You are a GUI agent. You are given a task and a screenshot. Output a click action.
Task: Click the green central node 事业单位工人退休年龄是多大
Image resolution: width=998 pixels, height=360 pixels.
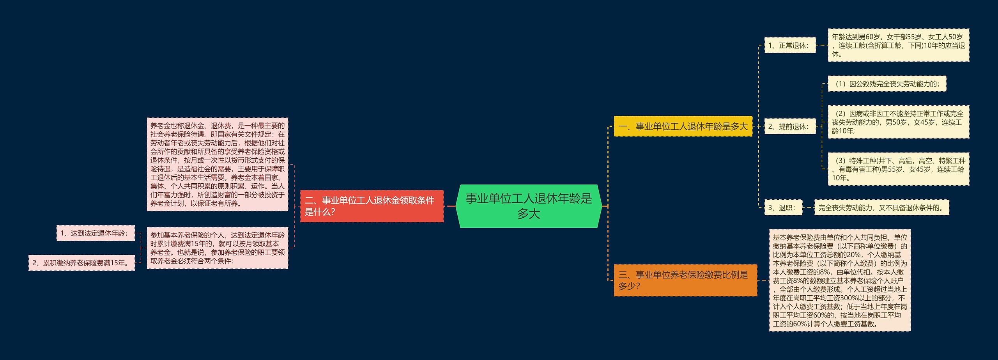(x=529, y=206)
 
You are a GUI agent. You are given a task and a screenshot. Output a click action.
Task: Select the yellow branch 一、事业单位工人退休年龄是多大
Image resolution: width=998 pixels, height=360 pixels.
(x=683, y=126)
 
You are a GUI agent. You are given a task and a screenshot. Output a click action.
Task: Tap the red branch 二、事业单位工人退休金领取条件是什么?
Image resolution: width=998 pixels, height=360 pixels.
(x=372, y=206)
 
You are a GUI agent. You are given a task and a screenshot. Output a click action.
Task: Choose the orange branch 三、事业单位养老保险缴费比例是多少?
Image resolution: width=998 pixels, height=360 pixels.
(x=685, y=280)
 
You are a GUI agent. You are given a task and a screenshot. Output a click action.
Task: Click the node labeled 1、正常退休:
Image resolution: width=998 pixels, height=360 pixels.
(x=790, y=45)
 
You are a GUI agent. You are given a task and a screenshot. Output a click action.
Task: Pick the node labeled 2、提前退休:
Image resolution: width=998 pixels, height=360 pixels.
(x=790, y=126)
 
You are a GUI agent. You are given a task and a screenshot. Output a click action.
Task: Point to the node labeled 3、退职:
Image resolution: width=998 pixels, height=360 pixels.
(x=783, y=207)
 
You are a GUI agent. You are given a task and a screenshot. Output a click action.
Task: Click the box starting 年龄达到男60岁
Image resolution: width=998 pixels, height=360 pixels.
(x=898, y=45)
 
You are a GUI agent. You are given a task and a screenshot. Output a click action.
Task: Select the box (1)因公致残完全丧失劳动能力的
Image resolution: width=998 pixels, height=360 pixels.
(x=887, y=84)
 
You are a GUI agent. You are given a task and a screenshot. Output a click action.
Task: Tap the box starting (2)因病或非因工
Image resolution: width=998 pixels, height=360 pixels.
(x=898, y=122)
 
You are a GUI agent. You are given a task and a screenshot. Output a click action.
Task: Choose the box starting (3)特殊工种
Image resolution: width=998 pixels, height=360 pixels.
(x=898, y=169)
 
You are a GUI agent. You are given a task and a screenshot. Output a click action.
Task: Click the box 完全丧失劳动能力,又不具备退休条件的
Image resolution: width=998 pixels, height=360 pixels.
(x=881, y=207)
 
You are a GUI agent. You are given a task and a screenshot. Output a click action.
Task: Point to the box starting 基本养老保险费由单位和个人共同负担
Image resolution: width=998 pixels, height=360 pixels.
(x=840, y=280)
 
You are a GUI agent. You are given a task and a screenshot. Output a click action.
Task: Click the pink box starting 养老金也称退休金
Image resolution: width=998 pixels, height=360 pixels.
(x=217, y=164)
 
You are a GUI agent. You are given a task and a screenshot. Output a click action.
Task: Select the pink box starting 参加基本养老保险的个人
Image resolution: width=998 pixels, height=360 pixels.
(x=217, y=248)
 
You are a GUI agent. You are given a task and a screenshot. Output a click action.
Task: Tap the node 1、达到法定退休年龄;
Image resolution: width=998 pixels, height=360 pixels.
(x=95, y=233)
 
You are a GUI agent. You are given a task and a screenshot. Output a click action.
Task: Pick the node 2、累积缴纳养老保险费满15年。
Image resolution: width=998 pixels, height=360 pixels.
(x=81, y=263)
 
